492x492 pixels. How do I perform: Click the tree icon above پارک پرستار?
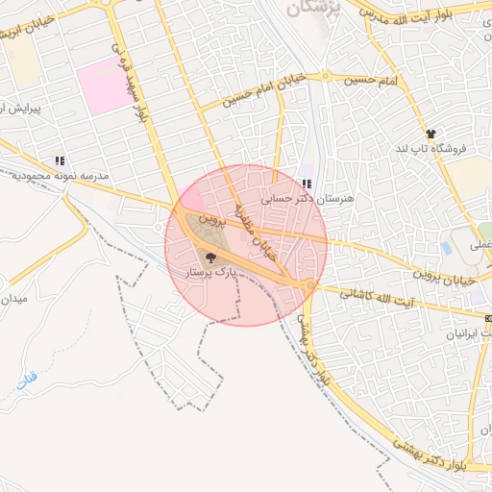[210, 257]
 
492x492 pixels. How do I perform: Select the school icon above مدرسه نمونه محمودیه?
[60, 161]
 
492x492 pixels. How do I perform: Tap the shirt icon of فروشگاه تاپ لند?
[430, 135]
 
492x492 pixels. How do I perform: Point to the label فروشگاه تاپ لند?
[430, 150]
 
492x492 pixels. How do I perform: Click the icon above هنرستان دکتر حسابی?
[307, 184]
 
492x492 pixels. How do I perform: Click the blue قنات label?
[26, 381]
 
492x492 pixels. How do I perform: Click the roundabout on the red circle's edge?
[309, 286]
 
